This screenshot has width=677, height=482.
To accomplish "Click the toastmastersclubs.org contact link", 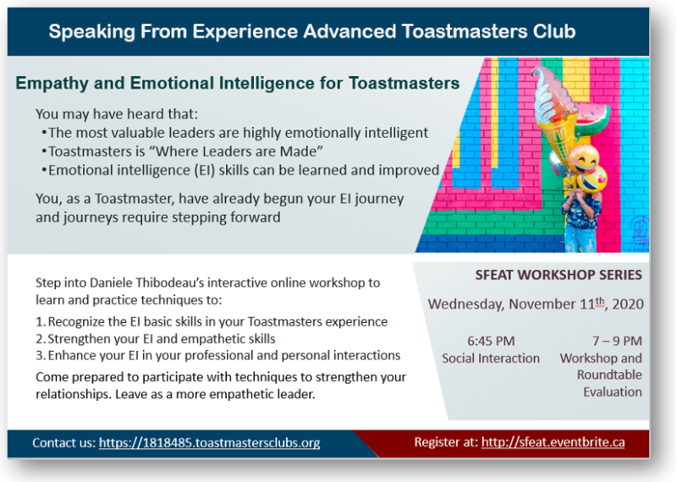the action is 209,443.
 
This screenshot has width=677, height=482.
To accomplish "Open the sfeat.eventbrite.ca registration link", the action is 553,442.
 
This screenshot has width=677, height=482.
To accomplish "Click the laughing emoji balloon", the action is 583,159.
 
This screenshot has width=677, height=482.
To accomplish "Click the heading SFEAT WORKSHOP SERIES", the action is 559,275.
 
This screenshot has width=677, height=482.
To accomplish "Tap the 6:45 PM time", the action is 491,341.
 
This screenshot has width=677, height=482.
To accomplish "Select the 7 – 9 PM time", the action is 617,341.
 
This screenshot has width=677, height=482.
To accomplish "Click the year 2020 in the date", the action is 628,304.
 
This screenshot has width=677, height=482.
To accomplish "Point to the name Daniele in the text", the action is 112,282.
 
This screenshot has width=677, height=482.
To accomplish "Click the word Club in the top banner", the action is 554,31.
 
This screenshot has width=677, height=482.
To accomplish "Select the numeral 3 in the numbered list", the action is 40,355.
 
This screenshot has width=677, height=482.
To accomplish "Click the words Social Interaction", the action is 491,359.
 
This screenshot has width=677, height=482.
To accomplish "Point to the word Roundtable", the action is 609,375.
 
